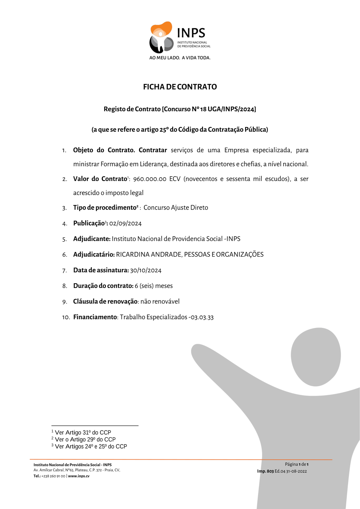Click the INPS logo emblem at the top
click(x=161, y=37)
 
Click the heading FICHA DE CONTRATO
click(x=180, y=87)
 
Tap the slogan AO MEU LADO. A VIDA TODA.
click(x=180, y=58)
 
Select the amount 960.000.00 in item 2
click(x=149, y=179)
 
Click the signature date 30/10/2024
click(x=146, y=270)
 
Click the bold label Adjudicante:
click(x=92, y=239)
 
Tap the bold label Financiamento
click(x=95, y=317)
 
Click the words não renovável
click(x=160, y=302)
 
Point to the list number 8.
click(x=64, y=286)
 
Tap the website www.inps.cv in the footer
click(x=79, y=476)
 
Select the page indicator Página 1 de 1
click(x=297, y=464)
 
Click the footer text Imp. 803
click(x=265, y=471)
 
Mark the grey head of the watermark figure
click(x=316, y=357)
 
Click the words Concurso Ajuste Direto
click(x=176, y=208)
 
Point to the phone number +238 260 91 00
click(x=53, y=476)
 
